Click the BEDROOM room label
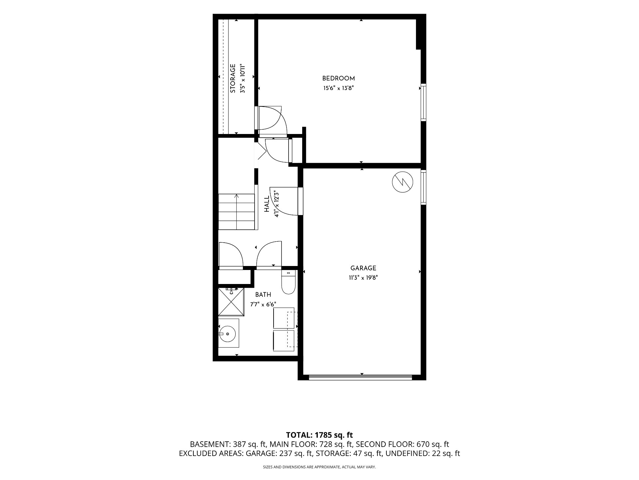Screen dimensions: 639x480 point(338,79)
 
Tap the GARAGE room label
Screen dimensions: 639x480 point(363,268)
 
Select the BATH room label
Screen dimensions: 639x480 point(263,295)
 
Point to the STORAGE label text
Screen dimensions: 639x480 point(233,79)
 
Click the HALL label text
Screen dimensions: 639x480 point(267,204)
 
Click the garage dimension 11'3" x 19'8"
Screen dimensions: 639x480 point(363,278)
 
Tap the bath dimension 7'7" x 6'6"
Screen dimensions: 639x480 point(263,304)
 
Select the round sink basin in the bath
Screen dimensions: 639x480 point(228,333)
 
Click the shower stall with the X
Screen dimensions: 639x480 point(231,302)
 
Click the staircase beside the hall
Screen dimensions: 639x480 point(237,212)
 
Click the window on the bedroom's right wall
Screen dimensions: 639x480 point(423,102)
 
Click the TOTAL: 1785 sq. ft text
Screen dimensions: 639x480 point(319,435)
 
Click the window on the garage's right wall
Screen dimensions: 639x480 point(423,187)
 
